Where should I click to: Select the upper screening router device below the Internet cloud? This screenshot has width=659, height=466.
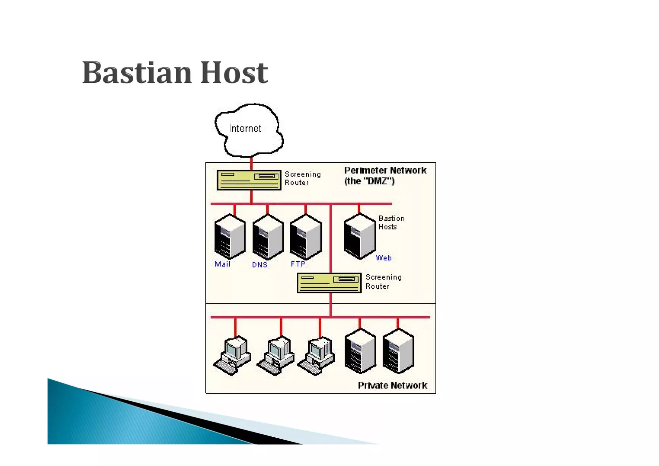[x=249, y=180]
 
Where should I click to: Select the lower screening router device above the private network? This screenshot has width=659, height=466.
[x=329, y=283]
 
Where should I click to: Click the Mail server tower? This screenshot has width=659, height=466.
[x=230, y=237]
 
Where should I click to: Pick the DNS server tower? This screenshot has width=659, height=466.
[x=268, y=237]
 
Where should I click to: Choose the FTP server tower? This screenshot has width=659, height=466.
[x=306, y=237]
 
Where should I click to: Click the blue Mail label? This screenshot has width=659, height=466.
[x=222, y=264]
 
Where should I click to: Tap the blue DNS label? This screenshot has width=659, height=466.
[x=260, y=265]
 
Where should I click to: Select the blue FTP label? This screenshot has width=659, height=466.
[x=298, y=264]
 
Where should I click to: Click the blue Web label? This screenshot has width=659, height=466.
[x=384, y=258]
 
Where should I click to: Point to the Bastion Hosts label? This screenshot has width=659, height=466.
[x=391, y=223]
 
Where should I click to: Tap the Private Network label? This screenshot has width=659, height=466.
[x=392, y=386]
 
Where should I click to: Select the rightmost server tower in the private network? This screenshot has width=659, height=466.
[x=398, y=351]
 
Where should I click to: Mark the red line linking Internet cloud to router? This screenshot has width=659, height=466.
[x=251, y=163]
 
